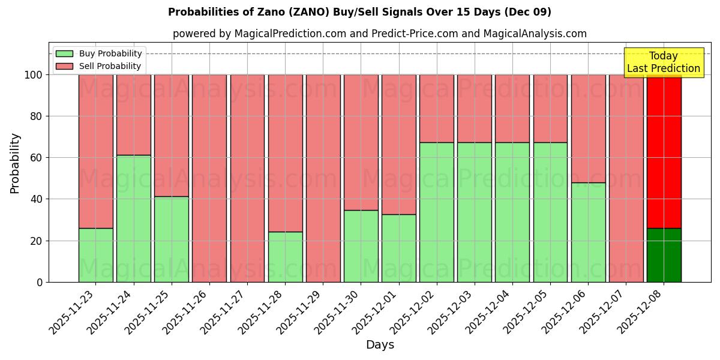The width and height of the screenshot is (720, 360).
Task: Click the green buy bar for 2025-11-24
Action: [x=133, y=218]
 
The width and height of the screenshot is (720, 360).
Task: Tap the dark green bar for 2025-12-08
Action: [x=664, y=255]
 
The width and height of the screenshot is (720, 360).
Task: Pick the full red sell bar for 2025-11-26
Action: [x=209, y=178]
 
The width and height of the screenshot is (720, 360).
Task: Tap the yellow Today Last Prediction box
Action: [x=664, y=62]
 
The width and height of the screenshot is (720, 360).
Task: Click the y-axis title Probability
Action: [x=15, y=163]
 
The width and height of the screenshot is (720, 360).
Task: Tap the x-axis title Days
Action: [x=380, y=345]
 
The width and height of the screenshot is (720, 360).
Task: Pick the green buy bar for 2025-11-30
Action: [x=361, y=246]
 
